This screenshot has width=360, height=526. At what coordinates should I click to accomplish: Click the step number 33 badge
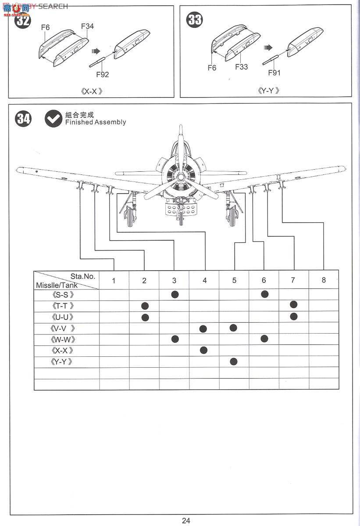click(x=195, y=20)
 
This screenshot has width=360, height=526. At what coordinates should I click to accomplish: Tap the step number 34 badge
click(x=23, y=119)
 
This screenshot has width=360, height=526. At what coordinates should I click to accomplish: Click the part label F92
click(x=102, y=75)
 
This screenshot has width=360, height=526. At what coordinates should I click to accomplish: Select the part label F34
click(x=87, y=26)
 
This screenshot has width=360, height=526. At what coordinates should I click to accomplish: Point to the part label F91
click(x=274, y=73)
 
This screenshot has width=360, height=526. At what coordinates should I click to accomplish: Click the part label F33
click(x=241, y=67)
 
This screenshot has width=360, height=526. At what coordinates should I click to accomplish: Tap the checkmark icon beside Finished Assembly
click(x=53, y=118)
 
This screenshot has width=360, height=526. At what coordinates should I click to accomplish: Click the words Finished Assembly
click(x=95, y=122)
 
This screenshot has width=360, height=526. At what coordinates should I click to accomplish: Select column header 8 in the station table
click(x=324, y=280)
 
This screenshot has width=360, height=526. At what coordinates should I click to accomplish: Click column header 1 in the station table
click(x=114, y=281)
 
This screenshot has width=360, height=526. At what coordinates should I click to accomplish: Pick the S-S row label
click(x=62, y=295)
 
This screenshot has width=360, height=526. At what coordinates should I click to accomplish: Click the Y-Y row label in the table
click(x=62, y=362)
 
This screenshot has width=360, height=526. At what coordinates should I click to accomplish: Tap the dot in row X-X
click(x=203, y=350)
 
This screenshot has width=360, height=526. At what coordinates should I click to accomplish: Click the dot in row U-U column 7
click(x=293, y=316)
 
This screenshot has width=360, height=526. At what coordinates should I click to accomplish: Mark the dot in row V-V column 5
click(x=233, y=328)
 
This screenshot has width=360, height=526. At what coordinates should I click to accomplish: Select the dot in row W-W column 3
click(x=175, y=338)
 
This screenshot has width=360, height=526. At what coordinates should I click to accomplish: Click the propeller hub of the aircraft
click(x=179, y=177)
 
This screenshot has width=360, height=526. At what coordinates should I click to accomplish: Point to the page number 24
click(x=186, y=520)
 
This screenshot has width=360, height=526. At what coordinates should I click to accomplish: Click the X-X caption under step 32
click(x=92, y=92)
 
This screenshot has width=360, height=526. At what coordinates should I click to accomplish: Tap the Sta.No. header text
click(x=82, y=276)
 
